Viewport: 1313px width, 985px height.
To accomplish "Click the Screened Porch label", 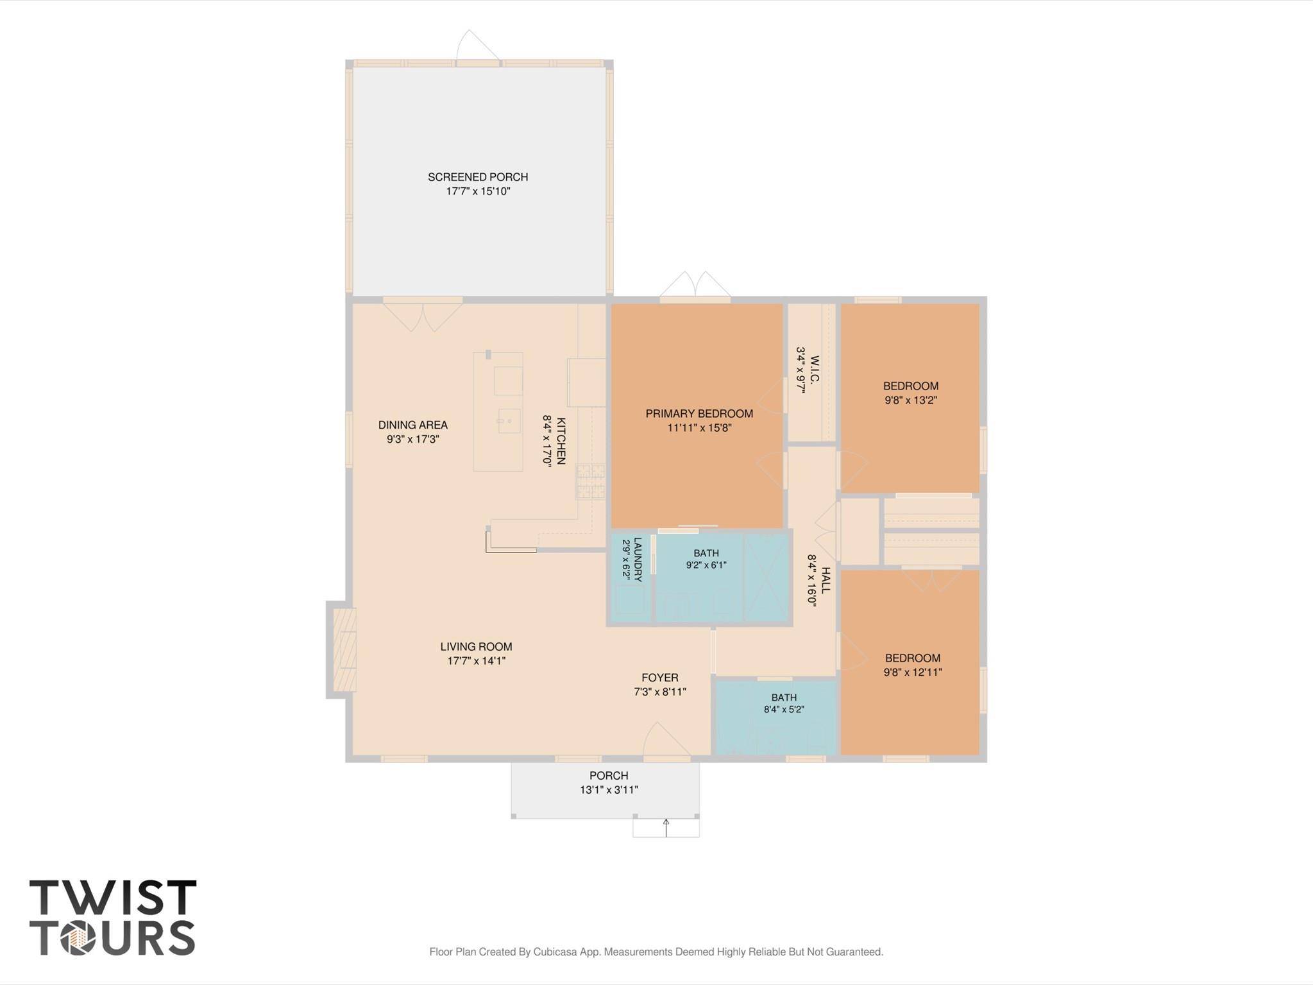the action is (478, 177).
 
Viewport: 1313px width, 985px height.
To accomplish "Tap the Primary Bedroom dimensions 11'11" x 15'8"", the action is (699, 428).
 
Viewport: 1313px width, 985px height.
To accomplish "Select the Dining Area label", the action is (412, 425).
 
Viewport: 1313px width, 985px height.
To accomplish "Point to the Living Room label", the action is (476, 647).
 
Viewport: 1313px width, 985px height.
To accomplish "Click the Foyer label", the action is (660, 678).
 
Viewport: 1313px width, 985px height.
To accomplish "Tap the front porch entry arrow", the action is (666, 827).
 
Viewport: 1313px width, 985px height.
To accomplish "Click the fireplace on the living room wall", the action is (342, 649).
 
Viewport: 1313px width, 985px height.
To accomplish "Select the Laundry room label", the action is (638, 559).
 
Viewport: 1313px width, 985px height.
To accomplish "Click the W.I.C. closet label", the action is (815, 369).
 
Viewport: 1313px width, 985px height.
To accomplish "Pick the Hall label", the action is (826, 580).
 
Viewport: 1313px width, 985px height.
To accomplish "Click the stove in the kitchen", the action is (591, 482).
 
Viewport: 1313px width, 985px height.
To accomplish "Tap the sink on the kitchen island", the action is (509, 421).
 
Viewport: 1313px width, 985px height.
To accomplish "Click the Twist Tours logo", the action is (113, 918).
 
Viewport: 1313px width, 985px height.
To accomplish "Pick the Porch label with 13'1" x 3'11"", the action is (609, 776).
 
